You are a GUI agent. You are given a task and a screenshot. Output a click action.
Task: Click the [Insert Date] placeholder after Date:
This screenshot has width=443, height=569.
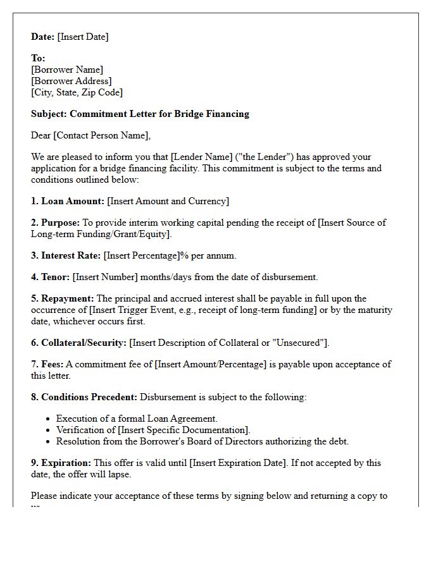point(83,37)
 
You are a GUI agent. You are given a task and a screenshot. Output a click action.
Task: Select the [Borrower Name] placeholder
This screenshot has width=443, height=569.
point(67,70)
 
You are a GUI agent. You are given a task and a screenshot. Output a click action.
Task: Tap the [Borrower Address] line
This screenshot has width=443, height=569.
point(72,81)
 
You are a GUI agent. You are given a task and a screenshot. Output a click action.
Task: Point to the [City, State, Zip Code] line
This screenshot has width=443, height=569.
point(77,92)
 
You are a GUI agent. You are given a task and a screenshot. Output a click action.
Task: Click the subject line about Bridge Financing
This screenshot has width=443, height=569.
point(140,114)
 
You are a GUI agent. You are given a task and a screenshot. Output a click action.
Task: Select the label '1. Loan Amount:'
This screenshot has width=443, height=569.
point(68,201)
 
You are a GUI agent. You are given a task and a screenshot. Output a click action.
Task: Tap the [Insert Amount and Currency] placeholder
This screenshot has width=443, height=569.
point(168,201)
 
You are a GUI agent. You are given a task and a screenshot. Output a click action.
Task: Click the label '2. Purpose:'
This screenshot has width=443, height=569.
point(56,223)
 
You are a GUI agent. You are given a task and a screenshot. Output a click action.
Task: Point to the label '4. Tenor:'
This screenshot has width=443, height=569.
point(51,277)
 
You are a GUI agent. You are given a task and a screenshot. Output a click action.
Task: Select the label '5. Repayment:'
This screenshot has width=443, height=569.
point(63,298)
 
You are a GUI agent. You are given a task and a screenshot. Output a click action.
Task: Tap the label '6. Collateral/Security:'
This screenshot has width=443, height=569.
point(79,343)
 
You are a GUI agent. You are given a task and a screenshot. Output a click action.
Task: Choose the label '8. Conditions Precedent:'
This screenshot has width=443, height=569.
point(84,397)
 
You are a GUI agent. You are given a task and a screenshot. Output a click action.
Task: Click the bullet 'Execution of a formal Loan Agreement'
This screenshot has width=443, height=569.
point(137,419)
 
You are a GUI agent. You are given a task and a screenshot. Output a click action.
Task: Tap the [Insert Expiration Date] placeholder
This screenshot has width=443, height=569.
point(230,463)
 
